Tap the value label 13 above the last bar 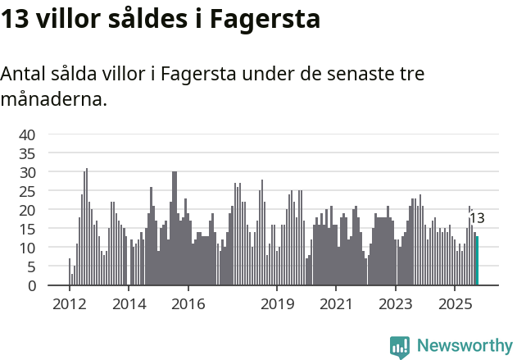(x=477, y=218)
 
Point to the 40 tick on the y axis (x=28, y=134)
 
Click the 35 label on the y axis (x=28, y=153)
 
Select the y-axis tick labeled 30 (x=28, y=172)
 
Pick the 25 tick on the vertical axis (x=28, y=191)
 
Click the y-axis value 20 (x=28, y=210)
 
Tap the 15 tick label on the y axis (x=28, y=229)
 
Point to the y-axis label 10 (x=28, y=248)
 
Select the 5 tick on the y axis (x=32, y=267)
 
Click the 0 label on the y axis (x=32, y=285)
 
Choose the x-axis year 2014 (x=129, y=305)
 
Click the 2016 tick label (x=188, y=305)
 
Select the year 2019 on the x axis (x=277, y=305)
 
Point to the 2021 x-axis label (x=336, y=305)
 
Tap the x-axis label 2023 (x=396, y=305)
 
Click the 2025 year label (x=456, y=305)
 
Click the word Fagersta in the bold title (x=265, y=19)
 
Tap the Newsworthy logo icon (x=400, y=346)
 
